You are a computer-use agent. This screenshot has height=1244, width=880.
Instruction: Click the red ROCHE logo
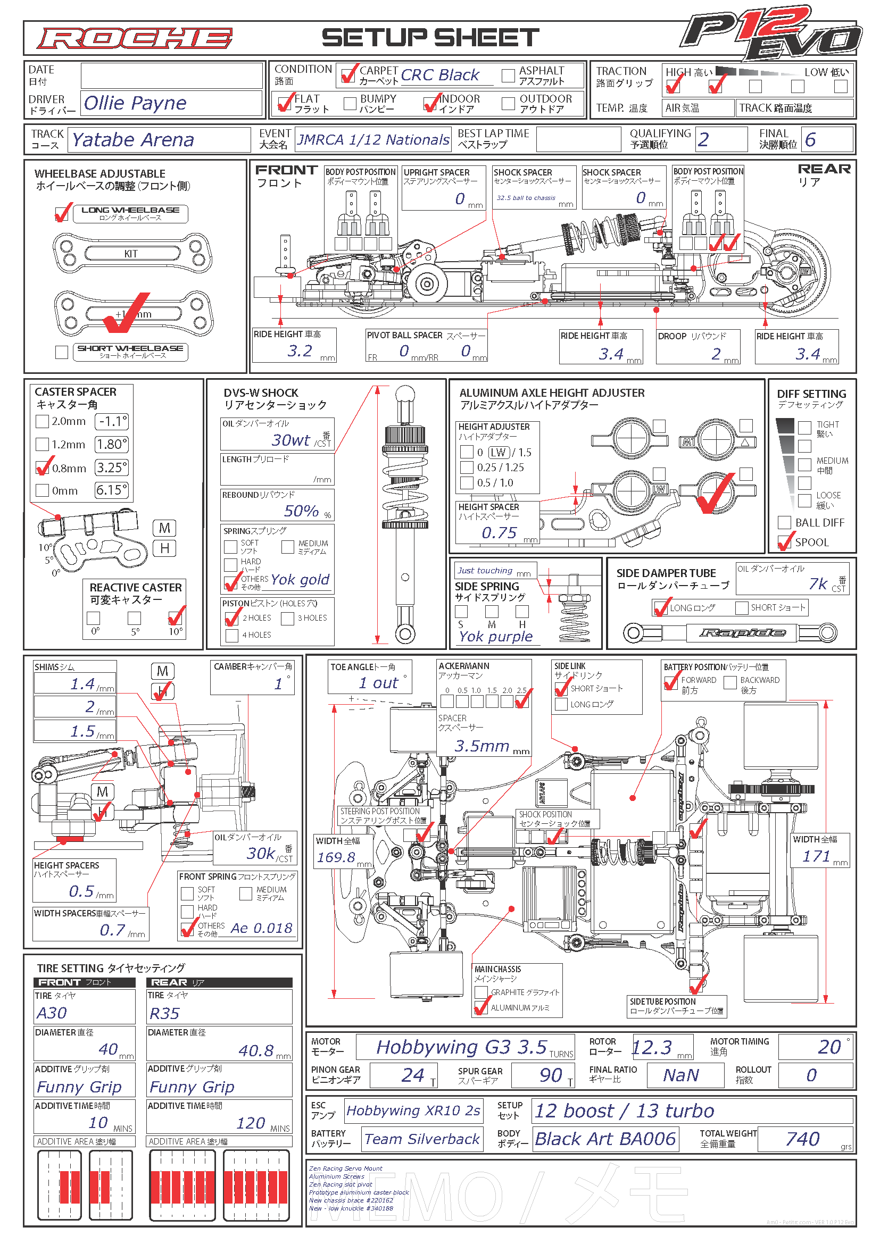coord(135,38)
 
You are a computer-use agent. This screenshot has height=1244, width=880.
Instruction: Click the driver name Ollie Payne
coord(135,103)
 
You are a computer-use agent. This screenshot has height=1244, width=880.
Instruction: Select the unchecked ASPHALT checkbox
coord(508,76)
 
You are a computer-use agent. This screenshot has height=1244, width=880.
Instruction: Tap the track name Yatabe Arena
coord(133,140)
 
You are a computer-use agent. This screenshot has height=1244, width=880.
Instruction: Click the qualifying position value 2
coord(703,140)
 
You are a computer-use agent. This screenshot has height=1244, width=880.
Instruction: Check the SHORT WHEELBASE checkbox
coord(62,352)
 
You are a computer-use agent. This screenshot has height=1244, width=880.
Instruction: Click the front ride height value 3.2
coord(300,351)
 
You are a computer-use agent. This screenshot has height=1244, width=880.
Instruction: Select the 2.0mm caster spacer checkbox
coord(42,421)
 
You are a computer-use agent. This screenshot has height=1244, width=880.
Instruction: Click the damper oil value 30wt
coord(290,440)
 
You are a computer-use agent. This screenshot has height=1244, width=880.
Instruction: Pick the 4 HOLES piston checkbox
coord(232,635)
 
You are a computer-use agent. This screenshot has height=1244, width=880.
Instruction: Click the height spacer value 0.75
coord(499,532)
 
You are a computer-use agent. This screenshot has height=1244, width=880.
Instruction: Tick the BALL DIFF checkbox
coord(784,522)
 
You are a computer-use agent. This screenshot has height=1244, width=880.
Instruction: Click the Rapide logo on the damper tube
coord(742,632)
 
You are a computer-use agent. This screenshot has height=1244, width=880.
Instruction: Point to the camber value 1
coord(278,684)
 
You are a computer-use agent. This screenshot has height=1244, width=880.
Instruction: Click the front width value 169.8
coord(336,857)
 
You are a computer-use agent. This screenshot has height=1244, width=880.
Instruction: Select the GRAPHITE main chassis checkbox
coord(480,992)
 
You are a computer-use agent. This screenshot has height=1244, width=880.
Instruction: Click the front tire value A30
coord(52,1013)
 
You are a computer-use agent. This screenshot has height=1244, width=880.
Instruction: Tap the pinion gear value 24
coord(412,1075)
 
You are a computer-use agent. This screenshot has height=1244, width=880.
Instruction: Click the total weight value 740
coord(802,1139)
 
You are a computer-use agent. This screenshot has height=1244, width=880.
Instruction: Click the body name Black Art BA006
coord(605,1139)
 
